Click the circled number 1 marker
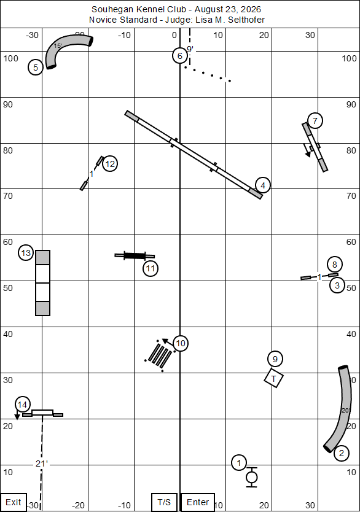pyautogui.click(x=239, y=463)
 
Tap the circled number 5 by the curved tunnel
pyautogui.click(x=36, y=68)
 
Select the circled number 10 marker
pyautogui.click(x=181, y=343)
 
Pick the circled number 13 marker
pyautogui.click(x=26, y=253)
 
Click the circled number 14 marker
pyautogui.click(x=22, y=405)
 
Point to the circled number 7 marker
pyautogui.click(x=315, y=121)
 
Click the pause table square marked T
pyautogui.click(x=274, y=378)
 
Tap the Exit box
pyautogui.click(x=13, y=502)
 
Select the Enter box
pyautogui.click(x=198, y=502)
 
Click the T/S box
pyautogui.click(x=164, y=502)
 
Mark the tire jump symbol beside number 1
pyautogui.click(x=251, y=478)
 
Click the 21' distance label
pyautogui.click(x=42, y=464)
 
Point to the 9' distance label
pyautogui.click(x=190, y=49)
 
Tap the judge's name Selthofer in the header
pyautogui.click(x=246, y=20)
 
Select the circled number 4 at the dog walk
pyautogui.click(x=263, y=185)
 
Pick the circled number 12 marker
pyautogui.click(x=110, y=163)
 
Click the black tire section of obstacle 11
pyautogui.click(x=135, y=255)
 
